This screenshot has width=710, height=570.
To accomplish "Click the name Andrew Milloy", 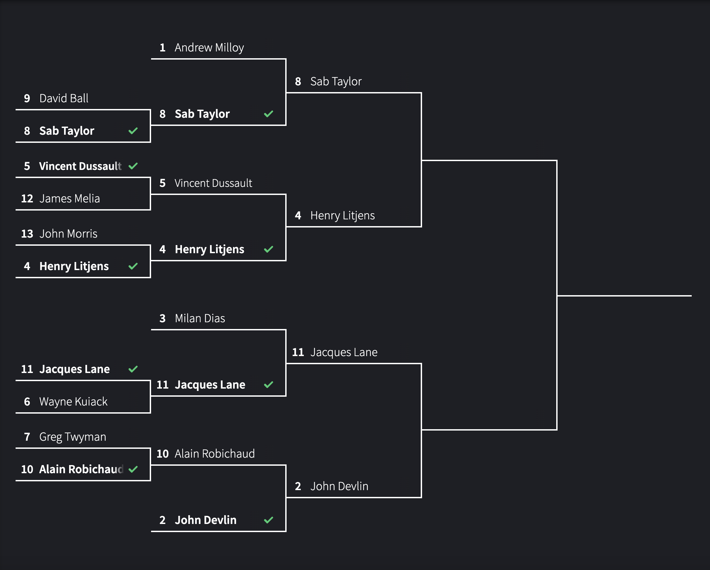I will [x=209, y=48].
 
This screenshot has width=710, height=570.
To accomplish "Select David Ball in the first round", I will [x=64, y=98].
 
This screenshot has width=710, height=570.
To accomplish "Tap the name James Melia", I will [x=69, y=199].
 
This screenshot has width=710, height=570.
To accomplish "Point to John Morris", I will [x=68, y=234].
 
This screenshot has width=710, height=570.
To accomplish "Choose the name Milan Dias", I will [x=200, y=319].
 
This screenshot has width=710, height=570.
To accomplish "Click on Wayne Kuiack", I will [x=73, y=402].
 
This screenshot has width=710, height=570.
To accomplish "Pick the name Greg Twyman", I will [x=72, y=437].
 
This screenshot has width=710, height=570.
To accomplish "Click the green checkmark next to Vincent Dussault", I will [x=133, y=166].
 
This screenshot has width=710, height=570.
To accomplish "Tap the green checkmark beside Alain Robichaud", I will [x=133, y=469].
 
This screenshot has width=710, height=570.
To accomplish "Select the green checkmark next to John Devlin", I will [x=269, y=520].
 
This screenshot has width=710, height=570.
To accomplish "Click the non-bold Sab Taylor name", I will [x=336, y=82].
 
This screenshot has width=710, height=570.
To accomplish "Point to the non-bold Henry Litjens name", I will [x=342, y=216].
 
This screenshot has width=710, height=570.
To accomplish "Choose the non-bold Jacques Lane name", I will [x=343, y=352].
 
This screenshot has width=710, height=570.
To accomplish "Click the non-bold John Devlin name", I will [x=339, y=486].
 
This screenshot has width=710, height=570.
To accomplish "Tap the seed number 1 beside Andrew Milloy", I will [x=163, y=48].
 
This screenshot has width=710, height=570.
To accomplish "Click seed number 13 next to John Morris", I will [x=27, y=234].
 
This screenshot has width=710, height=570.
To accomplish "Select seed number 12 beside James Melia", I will [x=27, y=199].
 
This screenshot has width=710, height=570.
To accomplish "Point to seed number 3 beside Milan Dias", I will [x=163, y=319].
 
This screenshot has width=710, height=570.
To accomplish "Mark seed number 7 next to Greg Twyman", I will [x=27, y=437].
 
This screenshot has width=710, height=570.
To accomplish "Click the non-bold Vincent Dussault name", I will [x=213, y=183].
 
